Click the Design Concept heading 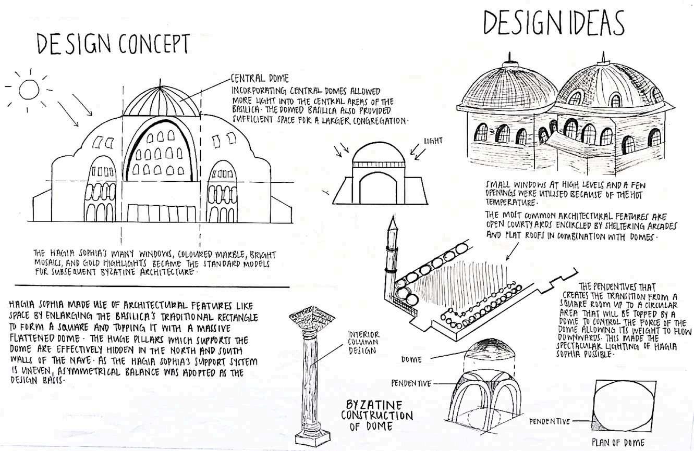[112, 45]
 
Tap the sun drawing [29, 89]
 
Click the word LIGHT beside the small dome [434, 140]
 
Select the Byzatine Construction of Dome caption [376, 415]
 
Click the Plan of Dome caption [618, 443]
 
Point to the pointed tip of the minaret [393, 221]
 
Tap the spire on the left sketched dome [504, 56]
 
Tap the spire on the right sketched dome [603, 57]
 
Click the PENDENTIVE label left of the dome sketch [411, 383]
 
